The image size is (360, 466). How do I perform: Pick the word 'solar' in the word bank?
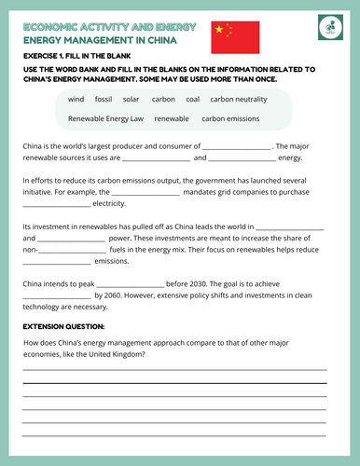131,99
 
